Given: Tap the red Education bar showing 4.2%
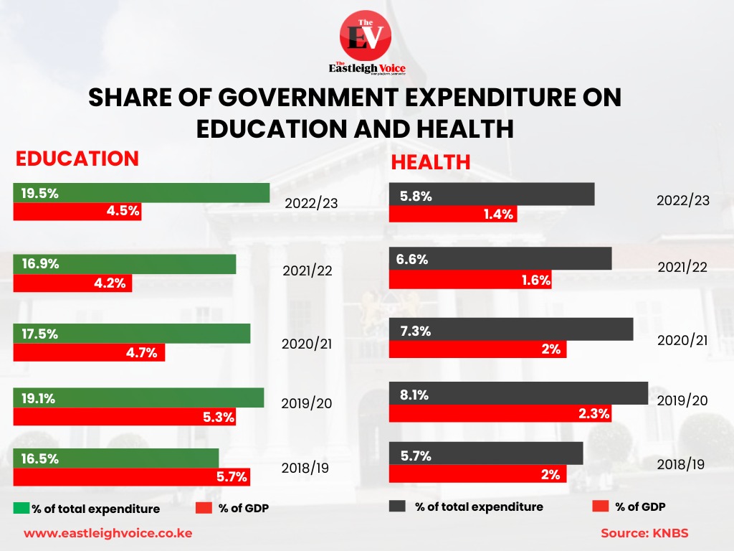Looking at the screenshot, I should [x=72, y=283].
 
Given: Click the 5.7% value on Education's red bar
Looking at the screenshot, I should [x=232, y=476].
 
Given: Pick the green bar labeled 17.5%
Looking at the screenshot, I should [x=132, y=334].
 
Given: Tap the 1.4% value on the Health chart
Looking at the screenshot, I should [x=500, y=215].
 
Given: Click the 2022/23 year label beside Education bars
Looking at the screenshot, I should [x=310, y=203].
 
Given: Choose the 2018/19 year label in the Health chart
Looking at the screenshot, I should [x=680, y=464].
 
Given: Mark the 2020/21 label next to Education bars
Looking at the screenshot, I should [x=307, y=344].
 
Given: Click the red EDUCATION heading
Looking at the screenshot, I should [x=77, y=159].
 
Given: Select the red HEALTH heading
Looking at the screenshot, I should [x=430, y=162].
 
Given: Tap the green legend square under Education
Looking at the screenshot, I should [x=22, y=509].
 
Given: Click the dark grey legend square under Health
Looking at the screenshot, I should [x=398, y=507].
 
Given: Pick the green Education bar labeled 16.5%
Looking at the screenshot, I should [x=115, y=458].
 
